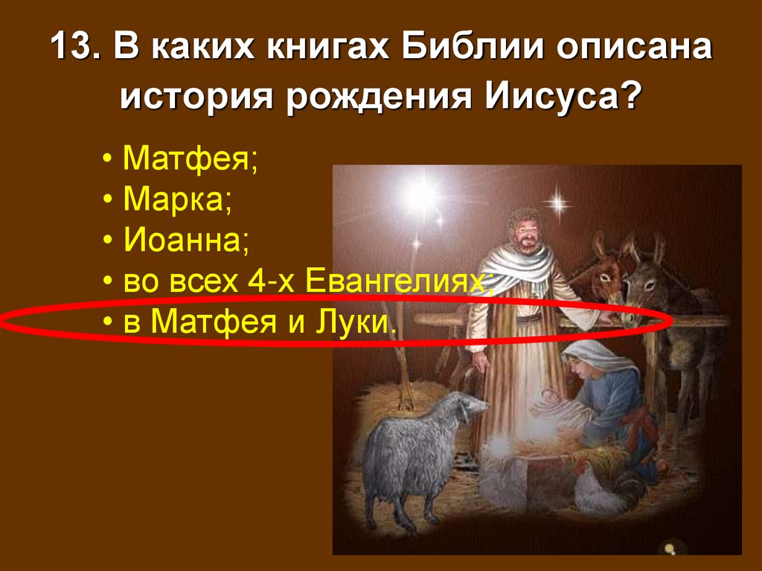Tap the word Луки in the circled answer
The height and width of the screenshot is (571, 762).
coord(365,322)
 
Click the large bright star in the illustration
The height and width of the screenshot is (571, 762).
coord(420,195)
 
